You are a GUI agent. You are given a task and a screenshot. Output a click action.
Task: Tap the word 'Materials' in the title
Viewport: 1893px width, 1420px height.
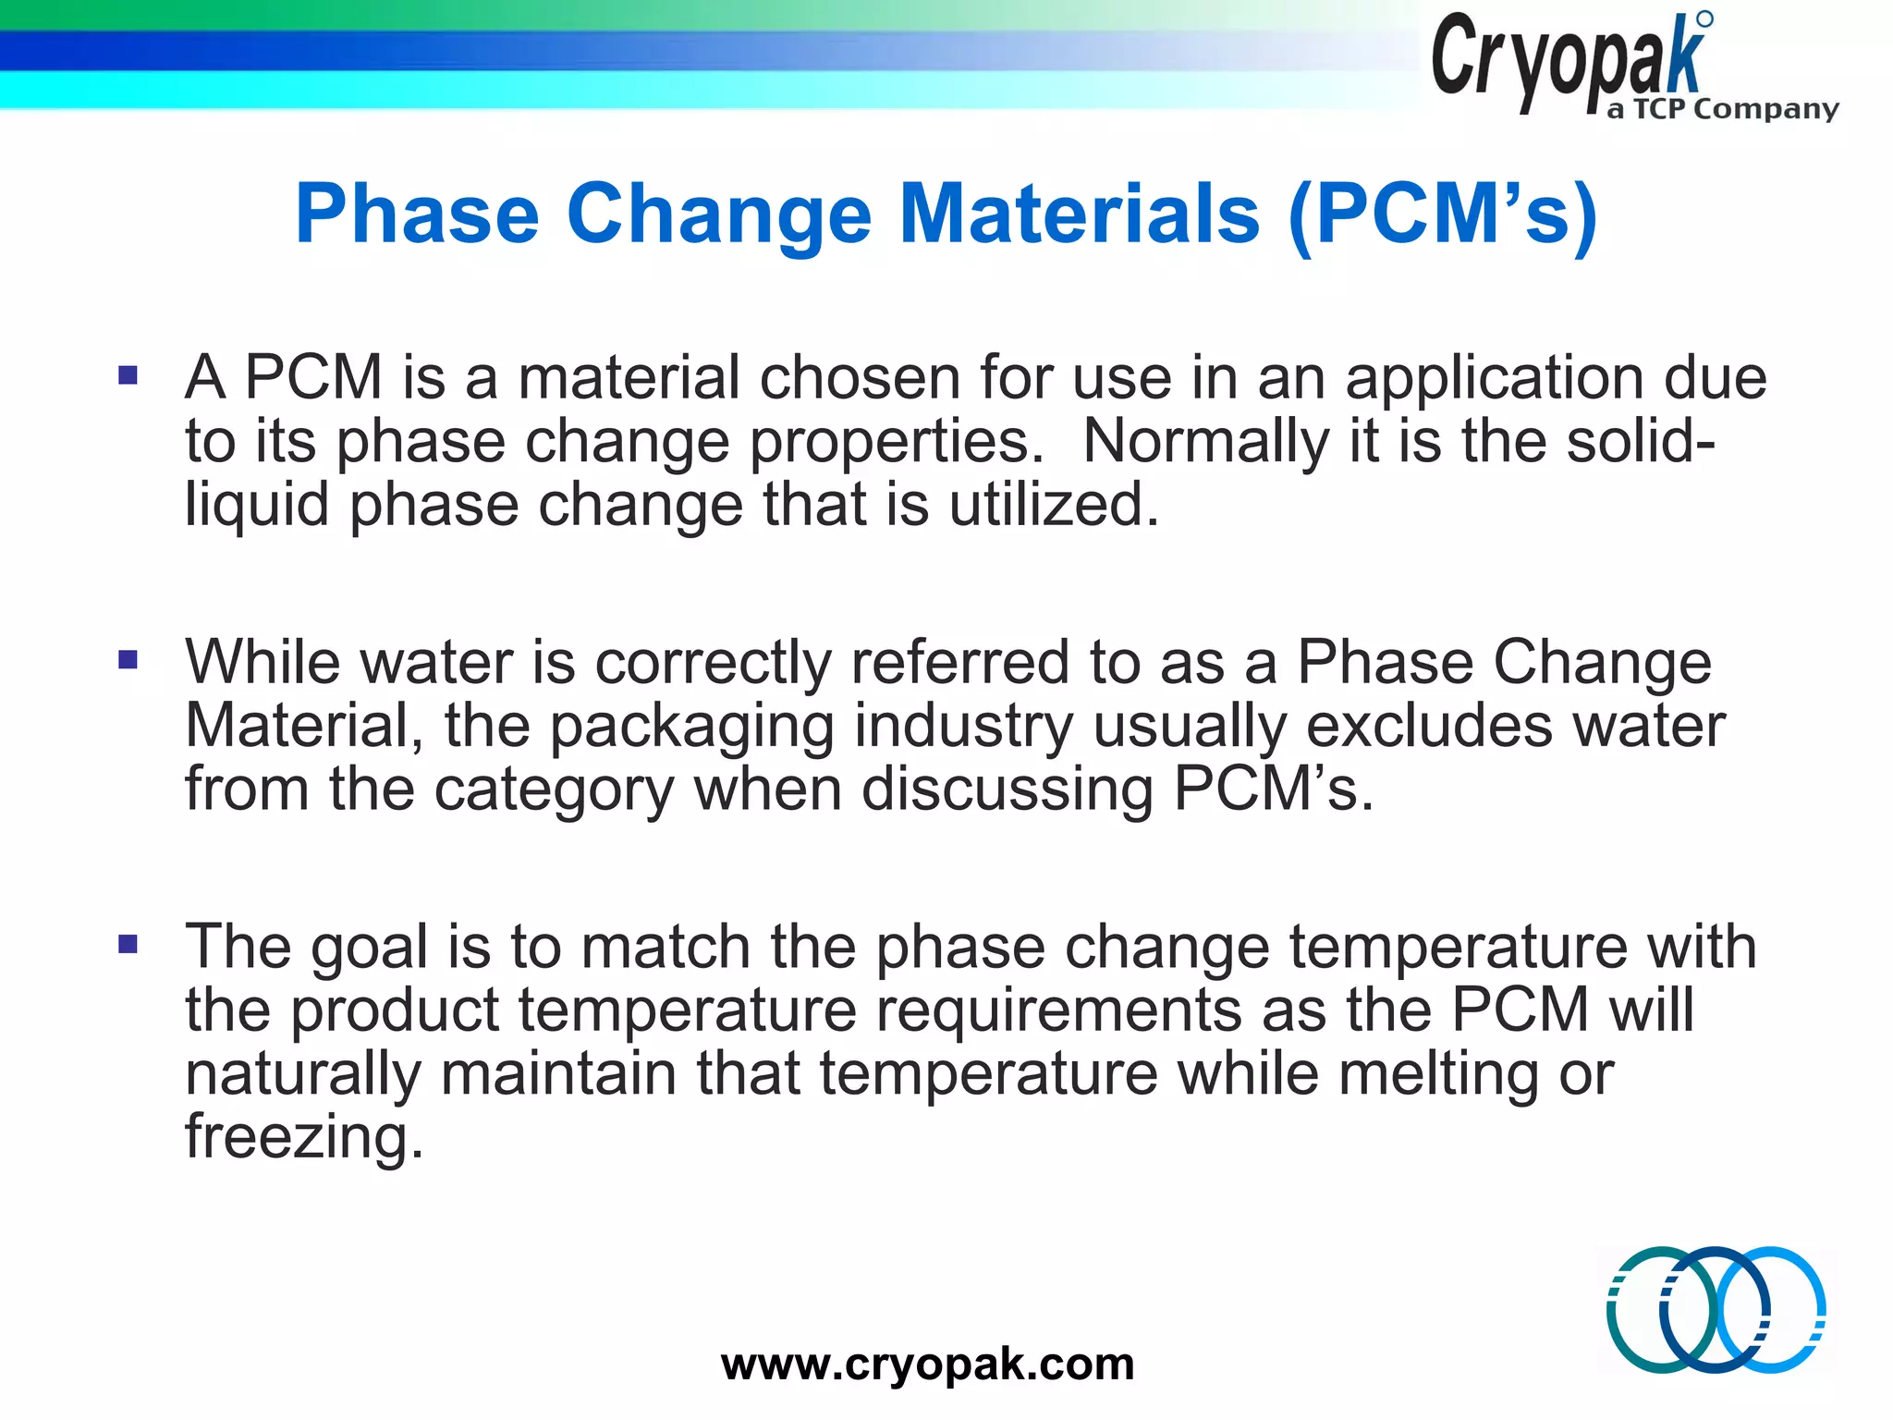1079,214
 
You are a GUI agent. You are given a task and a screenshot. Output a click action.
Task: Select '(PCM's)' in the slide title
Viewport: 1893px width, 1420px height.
1443,214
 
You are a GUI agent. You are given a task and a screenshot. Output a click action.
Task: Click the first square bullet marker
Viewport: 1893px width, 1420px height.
128,375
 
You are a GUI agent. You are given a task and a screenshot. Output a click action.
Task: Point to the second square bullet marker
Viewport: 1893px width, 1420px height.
128,659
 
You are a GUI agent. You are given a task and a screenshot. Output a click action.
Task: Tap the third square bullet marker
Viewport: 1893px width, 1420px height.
128,944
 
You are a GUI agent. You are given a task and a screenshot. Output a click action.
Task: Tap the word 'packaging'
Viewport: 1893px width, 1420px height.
692,727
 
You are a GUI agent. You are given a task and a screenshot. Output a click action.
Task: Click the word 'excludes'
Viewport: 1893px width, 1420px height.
1429,726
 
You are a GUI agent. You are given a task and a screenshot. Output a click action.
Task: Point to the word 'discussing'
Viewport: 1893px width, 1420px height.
1008,790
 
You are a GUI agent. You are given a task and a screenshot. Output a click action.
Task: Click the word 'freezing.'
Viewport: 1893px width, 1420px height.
304,1136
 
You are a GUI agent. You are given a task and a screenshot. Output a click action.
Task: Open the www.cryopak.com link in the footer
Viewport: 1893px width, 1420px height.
927,1364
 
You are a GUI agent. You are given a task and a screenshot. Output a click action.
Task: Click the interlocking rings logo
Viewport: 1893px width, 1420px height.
1716,1309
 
